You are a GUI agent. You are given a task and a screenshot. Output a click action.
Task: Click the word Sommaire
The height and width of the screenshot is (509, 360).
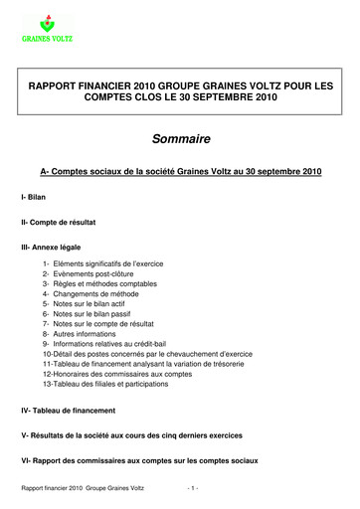179,139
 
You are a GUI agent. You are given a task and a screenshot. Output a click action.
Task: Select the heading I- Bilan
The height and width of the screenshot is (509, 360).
37,199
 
